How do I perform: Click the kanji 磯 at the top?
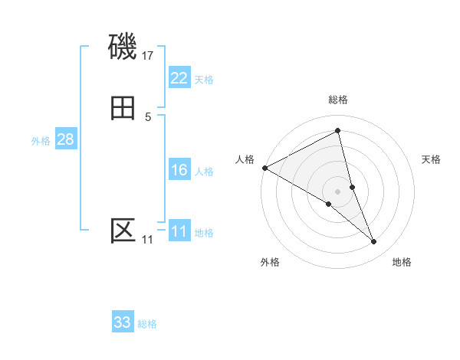(123, 47)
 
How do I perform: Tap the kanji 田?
(123, 108)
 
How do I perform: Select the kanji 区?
(123, 231)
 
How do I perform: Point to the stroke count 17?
(148, 55)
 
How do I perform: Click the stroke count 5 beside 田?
(148, 116)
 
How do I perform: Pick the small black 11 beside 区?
(147, 240)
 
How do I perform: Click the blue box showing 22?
(179, 78)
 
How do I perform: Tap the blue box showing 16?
(179, 170)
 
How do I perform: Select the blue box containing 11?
(179, 231)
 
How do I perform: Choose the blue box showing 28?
(65, 139)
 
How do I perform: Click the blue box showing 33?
(123, 322)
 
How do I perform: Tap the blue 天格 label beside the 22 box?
(204, 80)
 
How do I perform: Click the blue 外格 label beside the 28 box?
(41, 141)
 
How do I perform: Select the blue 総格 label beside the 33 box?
(147, 324)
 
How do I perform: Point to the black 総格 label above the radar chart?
(337, 100)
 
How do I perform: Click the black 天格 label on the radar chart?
(432, 159)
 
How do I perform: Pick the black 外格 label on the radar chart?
(270, 262)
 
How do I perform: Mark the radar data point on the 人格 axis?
(264, 168)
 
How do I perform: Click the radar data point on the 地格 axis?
(374, 242)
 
